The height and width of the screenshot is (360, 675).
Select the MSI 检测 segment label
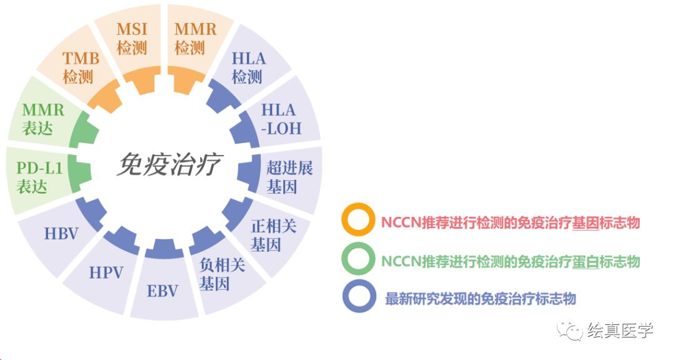coord(132,38)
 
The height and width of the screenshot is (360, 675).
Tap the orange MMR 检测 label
coord(195,38)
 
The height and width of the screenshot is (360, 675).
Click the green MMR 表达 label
coord(43,119)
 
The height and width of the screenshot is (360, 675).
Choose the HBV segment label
coord(61,234)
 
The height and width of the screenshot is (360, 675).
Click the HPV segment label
coord(106,272)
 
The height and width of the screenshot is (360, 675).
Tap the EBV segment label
coord(162,291)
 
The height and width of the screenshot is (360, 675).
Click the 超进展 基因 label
coord(289,177)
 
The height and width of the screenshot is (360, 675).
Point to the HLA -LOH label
coord(281,119)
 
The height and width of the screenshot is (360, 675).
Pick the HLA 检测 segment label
coord(248,68)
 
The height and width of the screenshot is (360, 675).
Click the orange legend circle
coord(359,221)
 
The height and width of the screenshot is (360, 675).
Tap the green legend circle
coord(359,260)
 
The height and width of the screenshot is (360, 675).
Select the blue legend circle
coord(359,298)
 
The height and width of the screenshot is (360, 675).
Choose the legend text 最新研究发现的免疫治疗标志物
coord(480,299)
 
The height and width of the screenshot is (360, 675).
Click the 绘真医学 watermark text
coord(619,331)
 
